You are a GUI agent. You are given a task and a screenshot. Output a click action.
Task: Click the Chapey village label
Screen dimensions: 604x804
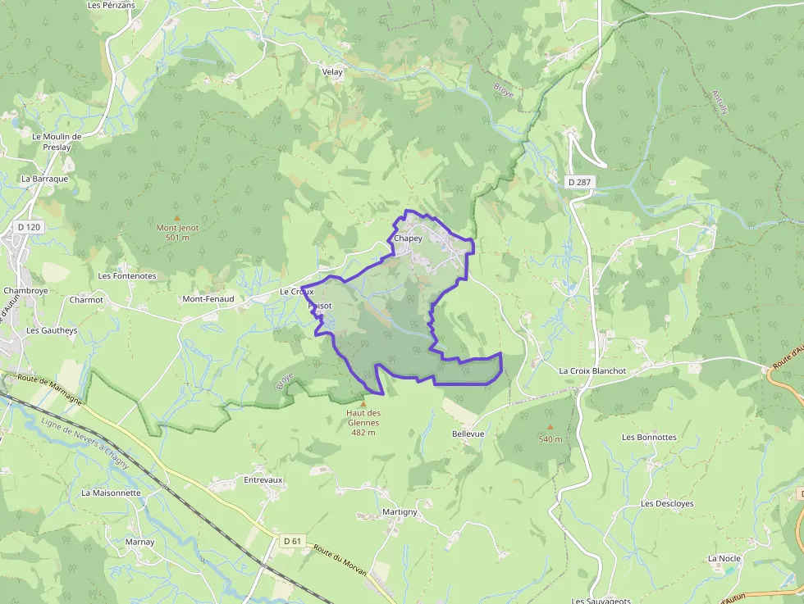click(x=408, y=238)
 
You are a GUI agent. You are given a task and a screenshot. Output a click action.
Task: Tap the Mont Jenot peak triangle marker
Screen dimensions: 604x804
click(x=176, y=218)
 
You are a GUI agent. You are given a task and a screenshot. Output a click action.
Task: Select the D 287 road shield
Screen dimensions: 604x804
click(x=578, y=181)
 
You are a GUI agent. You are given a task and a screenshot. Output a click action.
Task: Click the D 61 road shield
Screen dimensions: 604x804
click(x=292, y=541)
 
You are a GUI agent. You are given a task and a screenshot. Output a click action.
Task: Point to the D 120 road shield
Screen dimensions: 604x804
click(x=29, y=225)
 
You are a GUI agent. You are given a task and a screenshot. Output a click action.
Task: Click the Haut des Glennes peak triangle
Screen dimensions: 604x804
click(x=363, y=403)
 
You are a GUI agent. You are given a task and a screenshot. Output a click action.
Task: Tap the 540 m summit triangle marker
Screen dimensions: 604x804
click(x=550, y=427)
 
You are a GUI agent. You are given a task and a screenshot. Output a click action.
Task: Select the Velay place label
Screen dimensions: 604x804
click(x=332, y=72)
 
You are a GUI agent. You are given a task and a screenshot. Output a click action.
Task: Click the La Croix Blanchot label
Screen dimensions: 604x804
click(x=592, y=371)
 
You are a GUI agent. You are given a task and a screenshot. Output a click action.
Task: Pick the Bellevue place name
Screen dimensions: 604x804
click(x=468, y=434)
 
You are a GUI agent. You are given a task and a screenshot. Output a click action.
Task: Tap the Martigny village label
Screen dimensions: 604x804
click(x=400, y=512)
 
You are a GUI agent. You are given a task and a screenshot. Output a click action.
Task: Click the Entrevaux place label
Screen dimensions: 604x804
click(x=263, y=479)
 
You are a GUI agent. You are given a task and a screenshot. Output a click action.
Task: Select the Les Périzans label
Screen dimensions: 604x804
click(x=111, y=5)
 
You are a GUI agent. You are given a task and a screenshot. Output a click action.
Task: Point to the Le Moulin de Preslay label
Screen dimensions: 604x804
click(x=57, y=142)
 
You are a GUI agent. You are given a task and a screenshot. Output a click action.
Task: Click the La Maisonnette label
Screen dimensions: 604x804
click(x=111, y=493)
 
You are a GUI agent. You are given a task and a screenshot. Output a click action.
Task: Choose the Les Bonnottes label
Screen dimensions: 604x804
click(x=649, y=438)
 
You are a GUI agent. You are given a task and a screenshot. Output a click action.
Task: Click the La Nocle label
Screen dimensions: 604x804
click(x=724, y=559)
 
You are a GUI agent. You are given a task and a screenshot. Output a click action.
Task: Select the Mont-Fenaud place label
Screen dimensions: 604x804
click(x=208, y=299)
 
